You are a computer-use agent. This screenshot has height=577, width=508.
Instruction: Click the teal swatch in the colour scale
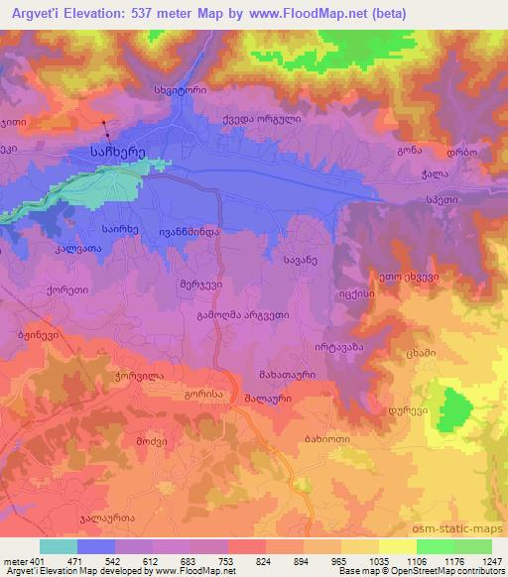point(59,546)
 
